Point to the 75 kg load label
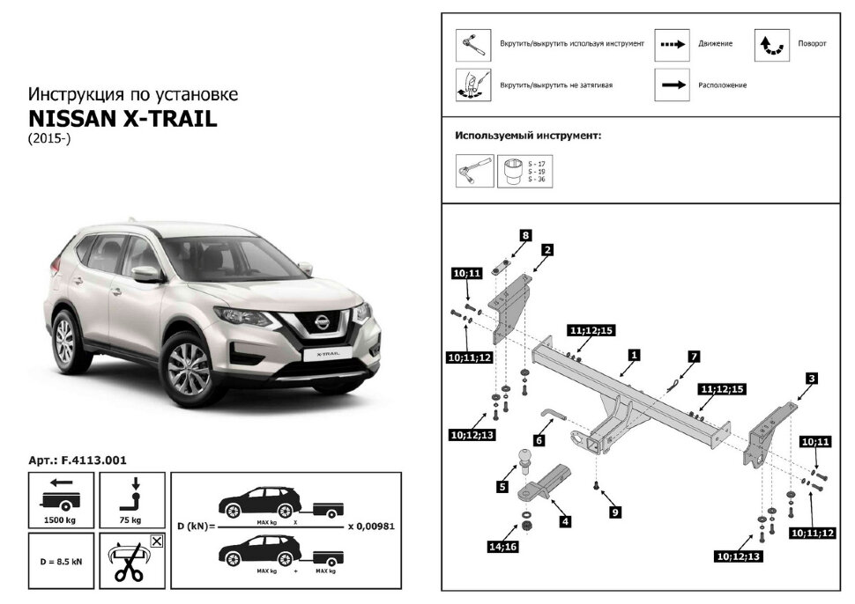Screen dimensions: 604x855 pyautogui.click(x=131, y=521)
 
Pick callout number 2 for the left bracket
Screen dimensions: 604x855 pyautogui.click(x=546, y=250)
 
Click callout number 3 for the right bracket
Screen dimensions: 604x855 pyautogui.click(x=811, y=379)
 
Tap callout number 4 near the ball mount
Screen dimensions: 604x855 pyautogui.click(x=565, y=521)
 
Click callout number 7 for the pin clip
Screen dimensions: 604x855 pyautogui.click(x=694, y=356)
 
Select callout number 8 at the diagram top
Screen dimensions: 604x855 pyautogui.click(x=525, y=235)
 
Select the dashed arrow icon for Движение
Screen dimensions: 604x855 pyautogui.click(x=672, y=43)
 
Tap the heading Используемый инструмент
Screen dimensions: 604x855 pyautogui.click(x=528, y=136)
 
